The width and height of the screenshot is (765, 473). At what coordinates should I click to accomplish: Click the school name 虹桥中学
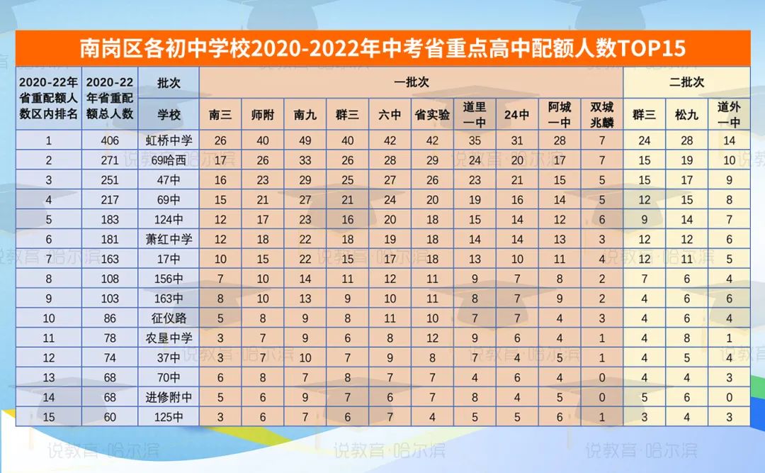tap(169, 140)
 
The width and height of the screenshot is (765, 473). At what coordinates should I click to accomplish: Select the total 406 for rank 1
tap(110, 140)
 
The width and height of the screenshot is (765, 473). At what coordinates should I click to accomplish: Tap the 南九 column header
tap(305, 115)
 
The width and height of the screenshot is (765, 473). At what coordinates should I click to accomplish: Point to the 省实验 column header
tap(433, 115)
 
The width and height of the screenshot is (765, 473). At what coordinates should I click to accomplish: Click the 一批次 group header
tap(412, 82)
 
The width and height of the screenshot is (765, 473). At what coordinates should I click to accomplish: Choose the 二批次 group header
tap(686, 82)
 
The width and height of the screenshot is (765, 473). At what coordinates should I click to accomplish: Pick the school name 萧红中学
tap(169, 240)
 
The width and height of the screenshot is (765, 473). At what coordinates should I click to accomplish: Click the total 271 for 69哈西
tap(110, 160)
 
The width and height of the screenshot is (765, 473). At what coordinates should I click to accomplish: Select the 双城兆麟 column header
tap(602, 114)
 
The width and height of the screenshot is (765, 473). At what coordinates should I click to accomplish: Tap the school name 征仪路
tap(169, 318)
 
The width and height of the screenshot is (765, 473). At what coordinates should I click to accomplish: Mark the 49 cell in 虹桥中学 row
tap(305, 140)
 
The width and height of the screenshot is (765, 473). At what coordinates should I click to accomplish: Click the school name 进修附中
tap(169, 397)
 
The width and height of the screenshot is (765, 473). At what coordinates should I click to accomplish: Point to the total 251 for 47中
tap(110, 180)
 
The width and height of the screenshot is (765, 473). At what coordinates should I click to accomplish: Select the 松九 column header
tap(686, 115)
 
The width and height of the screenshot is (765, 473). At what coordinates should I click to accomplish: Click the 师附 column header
tap(263, 115)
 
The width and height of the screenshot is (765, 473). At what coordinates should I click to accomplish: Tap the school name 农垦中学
tap(169, 338)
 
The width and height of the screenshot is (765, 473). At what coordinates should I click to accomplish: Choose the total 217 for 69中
tap(110, 200)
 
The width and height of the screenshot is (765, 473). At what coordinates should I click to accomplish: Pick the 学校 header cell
tap(169, 115)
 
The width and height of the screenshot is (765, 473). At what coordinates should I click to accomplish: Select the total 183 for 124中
tap(110, 220)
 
